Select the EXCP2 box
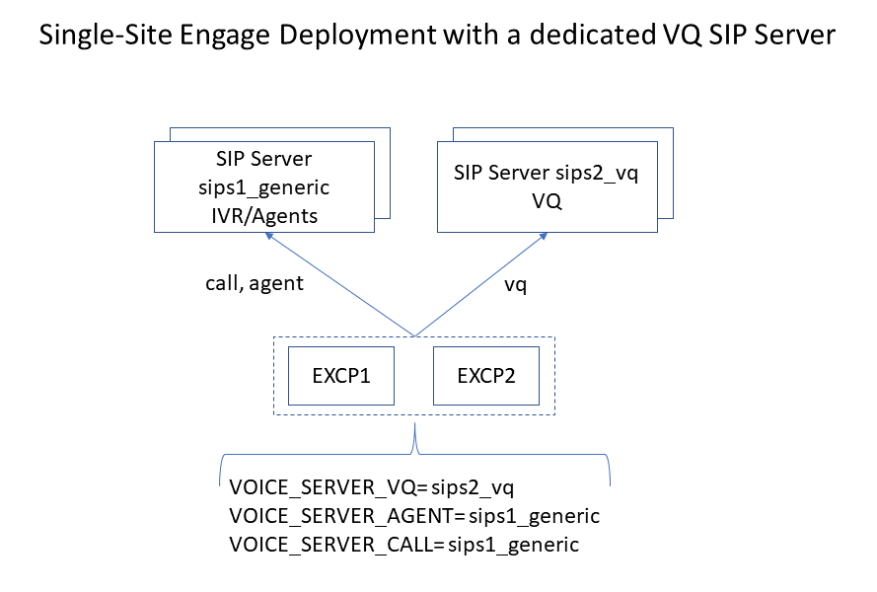(x=486, y=376)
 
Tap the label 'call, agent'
(x=248, y=284)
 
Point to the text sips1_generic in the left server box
(x=263, y=187)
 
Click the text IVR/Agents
(x=263, y=214)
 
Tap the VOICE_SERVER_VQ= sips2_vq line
(x=372, y=486)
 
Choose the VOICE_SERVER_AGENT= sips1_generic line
(x=414, y=515)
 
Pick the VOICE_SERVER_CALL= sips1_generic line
(x=403, y=544)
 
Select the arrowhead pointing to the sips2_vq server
(x=546, y=236)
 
